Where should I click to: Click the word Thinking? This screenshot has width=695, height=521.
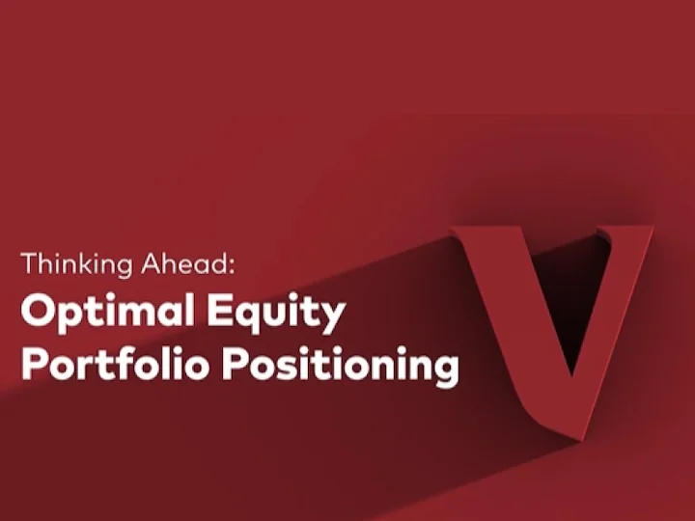tap(76, 264)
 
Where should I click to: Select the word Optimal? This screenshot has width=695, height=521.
tap(107, 310)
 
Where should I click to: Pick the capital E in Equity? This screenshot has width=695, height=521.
tap(221, 310)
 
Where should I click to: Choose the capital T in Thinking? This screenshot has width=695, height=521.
tap(29, 263)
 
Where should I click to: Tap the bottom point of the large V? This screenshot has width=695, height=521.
tap(575, 440)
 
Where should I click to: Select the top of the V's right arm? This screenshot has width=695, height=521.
tap(625, 229)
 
